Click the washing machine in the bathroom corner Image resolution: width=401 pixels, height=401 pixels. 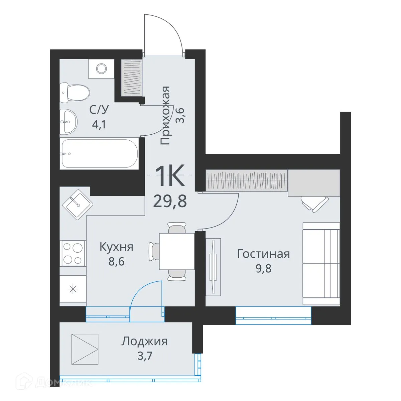101,69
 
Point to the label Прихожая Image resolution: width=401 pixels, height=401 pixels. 165,116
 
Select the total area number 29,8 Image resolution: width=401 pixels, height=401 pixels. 170,201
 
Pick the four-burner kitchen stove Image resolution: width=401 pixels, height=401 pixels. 73,253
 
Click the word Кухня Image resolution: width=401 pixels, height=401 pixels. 116,247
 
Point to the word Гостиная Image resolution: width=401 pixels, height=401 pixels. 263,254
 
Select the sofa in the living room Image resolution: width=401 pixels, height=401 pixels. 321,263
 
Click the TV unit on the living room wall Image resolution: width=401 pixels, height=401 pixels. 213,266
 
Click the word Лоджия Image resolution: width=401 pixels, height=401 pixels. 144,342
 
